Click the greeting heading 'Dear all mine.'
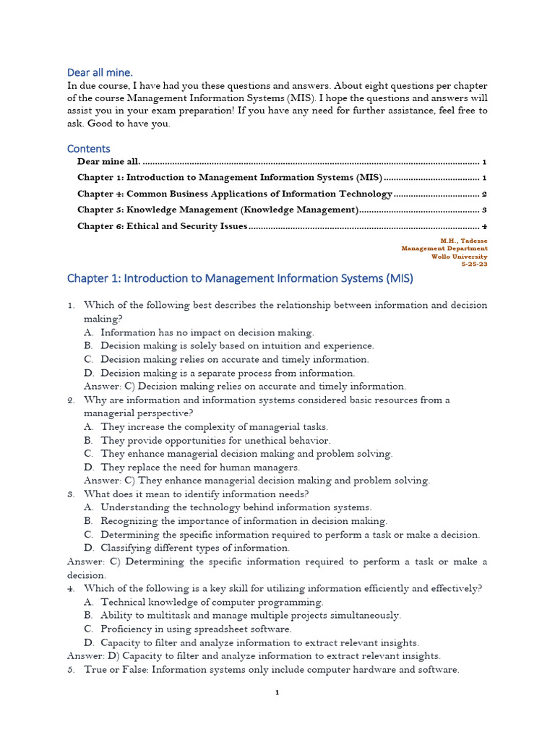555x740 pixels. click(x=100, y=72)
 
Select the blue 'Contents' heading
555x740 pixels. click(x=88, y=149)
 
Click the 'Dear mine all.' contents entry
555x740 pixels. click(x=110, y=162)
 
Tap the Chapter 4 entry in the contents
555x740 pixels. click(x=234, y=194)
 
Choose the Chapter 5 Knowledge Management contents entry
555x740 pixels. click(x=218, y=210)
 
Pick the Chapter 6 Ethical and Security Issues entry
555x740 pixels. click(x=163, y=226)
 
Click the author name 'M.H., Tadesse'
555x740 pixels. click(x=464, y=240)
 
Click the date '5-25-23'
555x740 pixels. click(x=474, y=264)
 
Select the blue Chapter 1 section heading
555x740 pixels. click(x=240, y=278)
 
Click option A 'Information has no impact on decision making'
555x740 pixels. click(x=207, y=332)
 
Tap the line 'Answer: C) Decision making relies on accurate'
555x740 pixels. click(x=245, y=387)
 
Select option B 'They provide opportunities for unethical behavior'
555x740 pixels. click(x=215, y=440)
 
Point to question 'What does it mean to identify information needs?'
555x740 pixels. click(x=197, y=494)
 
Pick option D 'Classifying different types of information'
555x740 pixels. click(x=195, y=548)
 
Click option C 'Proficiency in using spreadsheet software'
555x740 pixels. click(x=196, y=629)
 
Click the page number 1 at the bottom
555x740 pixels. click(x=277, y=692)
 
